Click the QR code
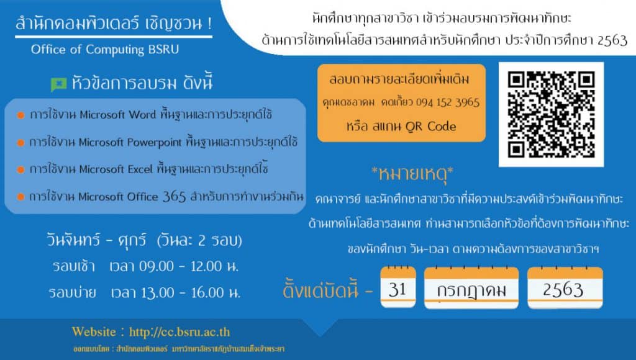(551, 114)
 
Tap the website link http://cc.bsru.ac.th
(179, 332)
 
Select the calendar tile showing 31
(398, 287)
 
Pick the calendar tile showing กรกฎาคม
(471, 288)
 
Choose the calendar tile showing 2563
(565, 288)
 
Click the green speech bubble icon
(58, 84)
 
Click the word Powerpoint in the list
(155, 143)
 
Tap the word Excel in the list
(140, 169)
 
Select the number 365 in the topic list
(174, 197)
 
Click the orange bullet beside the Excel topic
(20, 170)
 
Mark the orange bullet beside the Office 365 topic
(20, 197)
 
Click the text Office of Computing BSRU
(104, 50)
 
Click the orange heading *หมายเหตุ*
(412, 174)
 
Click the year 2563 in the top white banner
(612, 40)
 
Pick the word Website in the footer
(94, 331)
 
